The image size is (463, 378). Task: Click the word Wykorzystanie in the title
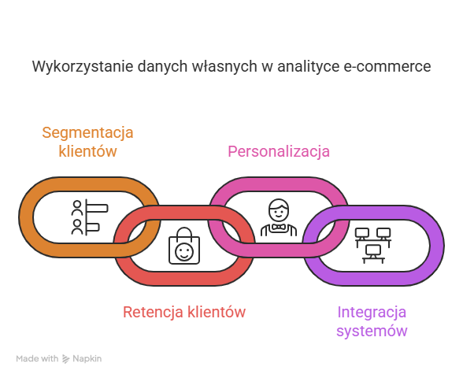(x=83, y=67)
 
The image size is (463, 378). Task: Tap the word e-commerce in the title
(x=387, y=66)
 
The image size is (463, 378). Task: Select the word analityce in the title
(x=309, y=67)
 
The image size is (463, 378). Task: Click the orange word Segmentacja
(x=87, y=132)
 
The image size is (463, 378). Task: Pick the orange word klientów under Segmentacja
(x=87, y=151)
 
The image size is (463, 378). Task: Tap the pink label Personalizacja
(x=279, y=151)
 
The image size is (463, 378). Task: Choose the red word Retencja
(x=153, y=312)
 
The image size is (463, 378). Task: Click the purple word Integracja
(x=372, y=313)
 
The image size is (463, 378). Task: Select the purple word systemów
(x=372, y=331)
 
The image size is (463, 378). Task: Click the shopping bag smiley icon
(x=184, y=246)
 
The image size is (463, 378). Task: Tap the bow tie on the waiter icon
(x=279, y=227)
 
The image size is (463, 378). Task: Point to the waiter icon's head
(x=279, y=209)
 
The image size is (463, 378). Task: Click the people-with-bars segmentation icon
(x=90, y=217)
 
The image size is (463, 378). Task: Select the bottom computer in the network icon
(x=373, y=254)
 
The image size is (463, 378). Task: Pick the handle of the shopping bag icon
(x=184, y=232)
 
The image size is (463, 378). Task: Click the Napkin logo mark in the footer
(x=65, y=359)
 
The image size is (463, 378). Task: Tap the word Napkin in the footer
(x=87, y=359)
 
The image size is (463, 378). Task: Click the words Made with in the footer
(x=37, y=359)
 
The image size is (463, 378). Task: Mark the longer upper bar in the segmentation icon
(x=97, y=208)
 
